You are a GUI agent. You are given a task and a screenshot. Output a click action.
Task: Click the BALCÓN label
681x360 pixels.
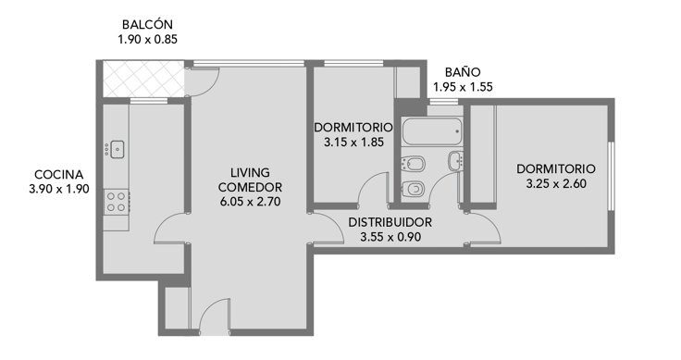[147, 24]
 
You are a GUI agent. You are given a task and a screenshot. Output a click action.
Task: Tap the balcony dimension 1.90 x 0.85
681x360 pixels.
[148, 40]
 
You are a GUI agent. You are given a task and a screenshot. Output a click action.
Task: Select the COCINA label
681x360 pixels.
[58, 175]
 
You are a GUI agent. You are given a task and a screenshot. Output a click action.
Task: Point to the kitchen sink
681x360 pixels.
[118, 149]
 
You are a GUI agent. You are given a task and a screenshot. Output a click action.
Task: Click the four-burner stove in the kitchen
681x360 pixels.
[117, 202]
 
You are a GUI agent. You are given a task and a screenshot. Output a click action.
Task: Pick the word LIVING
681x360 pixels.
[250, 173]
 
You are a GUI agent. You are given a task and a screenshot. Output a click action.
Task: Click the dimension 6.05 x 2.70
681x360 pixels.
[250, 202]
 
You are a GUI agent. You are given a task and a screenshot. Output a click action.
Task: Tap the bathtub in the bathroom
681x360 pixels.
[431, 131]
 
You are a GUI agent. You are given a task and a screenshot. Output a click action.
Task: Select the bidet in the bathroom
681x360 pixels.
[412, 163]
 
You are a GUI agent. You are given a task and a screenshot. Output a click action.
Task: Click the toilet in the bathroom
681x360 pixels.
[413, 189]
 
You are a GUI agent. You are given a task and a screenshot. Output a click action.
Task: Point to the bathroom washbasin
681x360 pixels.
[455, 161]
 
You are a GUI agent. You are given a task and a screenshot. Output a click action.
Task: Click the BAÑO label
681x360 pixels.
[463, 72]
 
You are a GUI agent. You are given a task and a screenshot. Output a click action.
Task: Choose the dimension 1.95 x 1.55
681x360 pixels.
[463, 87]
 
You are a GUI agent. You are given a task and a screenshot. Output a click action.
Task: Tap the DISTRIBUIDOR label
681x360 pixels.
[390, 222]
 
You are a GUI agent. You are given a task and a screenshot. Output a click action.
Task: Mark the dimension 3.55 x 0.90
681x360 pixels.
[390, 237]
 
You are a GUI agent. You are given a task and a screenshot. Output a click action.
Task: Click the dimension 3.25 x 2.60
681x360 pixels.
[556, 183]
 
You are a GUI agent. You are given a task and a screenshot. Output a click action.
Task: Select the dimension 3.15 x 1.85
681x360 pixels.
[353, 142]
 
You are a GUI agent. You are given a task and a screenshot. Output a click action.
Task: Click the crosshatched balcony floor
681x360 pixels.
[143, 79]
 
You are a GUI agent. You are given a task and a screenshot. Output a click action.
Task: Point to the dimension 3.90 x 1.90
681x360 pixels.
[59, 190]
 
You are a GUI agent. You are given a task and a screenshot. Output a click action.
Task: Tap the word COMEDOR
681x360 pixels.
[250, 188]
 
